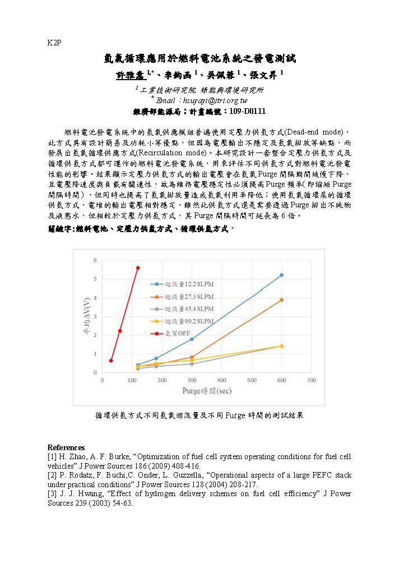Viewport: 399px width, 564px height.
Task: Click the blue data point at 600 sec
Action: tap(281, 275)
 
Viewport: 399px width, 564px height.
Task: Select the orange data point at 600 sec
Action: tap(281, 300)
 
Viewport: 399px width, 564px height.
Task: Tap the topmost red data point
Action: tap(138, 268)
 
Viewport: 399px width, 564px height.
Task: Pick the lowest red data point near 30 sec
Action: tap(111, 360)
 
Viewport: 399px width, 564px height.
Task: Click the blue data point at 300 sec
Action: tap(192, 339)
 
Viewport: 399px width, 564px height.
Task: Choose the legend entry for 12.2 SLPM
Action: tap(185, 284)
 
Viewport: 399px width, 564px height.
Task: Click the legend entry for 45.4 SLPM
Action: tap(185, 309)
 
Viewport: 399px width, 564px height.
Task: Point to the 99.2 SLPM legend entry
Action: tap(185, 321)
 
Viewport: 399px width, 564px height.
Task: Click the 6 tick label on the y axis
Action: tap(95, 260)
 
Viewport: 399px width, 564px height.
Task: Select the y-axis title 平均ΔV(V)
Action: tap(85, 317)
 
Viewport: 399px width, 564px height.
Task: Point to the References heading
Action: tap(66, 447)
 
